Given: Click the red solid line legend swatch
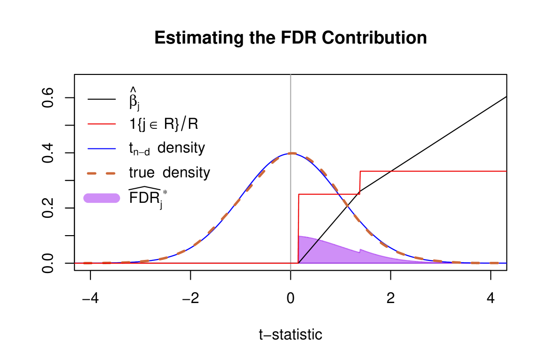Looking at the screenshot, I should click(x=102, y=124).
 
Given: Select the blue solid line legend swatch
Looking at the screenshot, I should click(x=102, y=148).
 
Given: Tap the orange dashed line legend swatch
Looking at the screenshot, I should click(x=101, y=173).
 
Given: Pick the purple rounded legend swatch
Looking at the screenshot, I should click(x=102, y=198).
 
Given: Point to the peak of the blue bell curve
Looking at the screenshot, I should click(x=291, y=153).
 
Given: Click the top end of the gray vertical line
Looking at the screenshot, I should click(x=291, y=75).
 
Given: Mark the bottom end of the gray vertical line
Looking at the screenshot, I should click(x=291, y=269).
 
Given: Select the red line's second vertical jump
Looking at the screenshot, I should click(x=360, y=183).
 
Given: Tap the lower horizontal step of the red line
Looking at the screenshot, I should click(x=328, y=194).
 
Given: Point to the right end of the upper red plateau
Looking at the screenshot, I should click(x=506, y=171).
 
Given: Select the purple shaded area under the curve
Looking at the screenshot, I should click(x=328, y=253).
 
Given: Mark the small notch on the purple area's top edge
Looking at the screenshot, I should click(x=359, y=250).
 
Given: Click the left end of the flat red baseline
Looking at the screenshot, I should click(x=75, y=263).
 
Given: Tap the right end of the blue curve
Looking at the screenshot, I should click(x=506, y=263).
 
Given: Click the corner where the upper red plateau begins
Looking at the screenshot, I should click(x=360, y=171).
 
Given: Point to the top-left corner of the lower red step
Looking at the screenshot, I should click(x=299, y=194).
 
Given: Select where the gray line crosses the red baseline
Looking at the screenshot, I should click(x=291, y=263).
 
